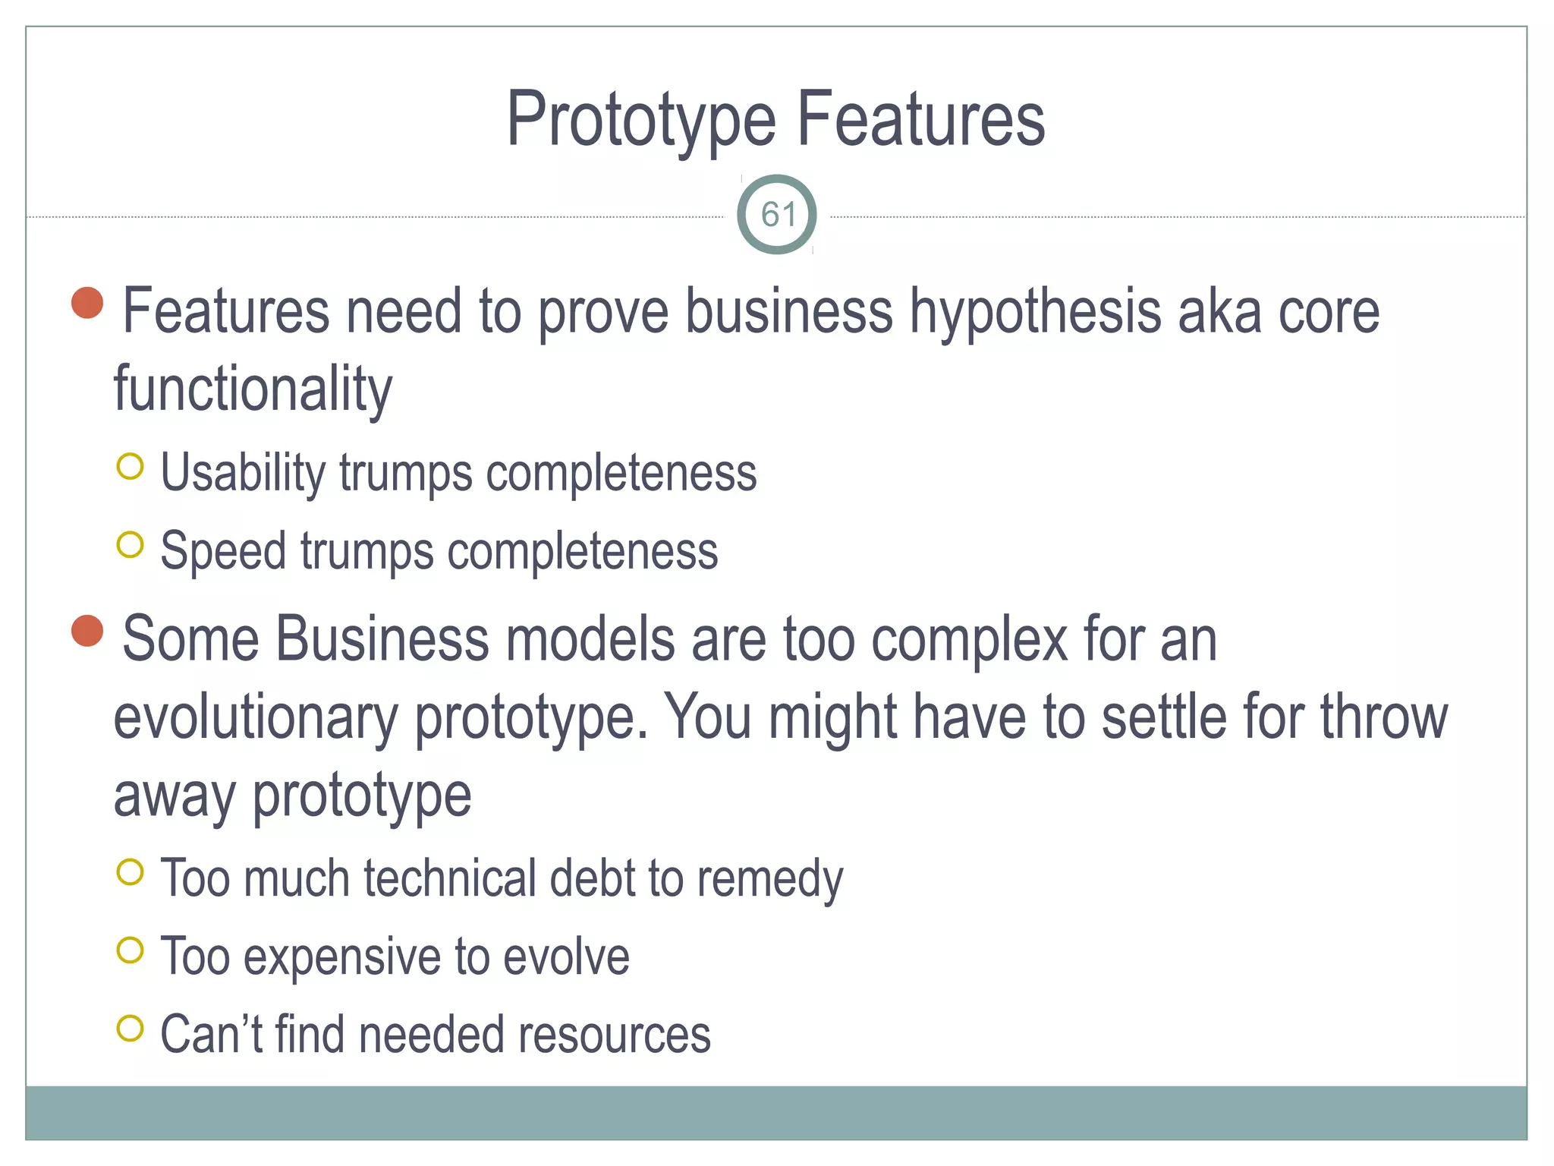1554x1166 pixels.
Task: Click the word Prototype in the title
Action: click(641, 120)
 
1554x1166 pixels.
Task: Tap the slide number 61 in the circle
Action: click(778, 215)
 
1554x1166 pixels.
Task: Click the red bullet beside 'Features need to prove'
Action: click(87, 303)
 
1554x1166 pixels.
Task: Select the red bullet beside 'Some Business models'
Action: click(87, 631)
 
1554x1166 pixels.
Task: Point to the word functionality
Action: click(253, 389)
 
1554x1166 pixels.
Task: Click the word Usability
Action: click(243, 474)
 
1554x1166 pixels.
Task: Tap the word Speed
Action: click(224, 552)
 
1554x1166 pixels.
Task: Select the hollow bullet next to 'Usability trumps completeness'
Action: click(131, 466)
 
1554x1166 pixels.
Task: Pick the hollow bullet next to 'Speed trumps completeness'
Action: click(131, 544)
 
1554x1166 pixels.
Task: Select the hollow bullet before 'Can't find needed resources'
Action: click(131, 1028)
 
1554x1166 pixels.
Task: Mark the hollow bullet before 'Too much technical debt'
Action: click(131, 872)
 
